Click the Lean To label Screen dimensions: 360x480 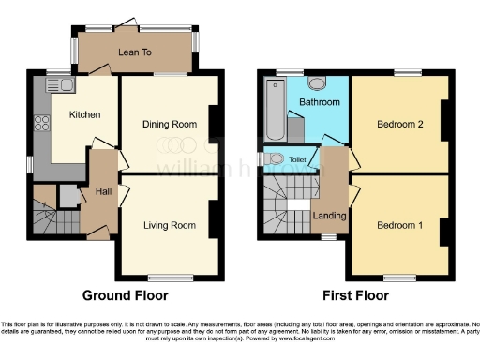tap(135, 53)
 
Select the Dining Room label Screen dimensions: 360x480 tap(169, 124)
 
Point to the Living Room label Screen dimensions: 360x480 tap(169, 225)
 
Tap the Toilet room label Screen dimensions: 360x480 tap(297, 160)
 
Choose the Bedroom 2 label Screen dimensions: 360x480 tap(399, 124)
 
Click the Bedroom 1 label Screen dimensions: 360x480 tap(399, 226)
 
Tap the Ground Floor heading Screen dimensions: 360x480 tap(126, 294)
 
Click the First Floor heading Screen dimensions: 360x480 tap(356, 294)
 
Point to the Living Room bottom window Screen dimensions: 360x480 tap(169, 276)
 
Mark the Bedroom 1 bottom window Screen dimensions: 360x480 tap(399, 276)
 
